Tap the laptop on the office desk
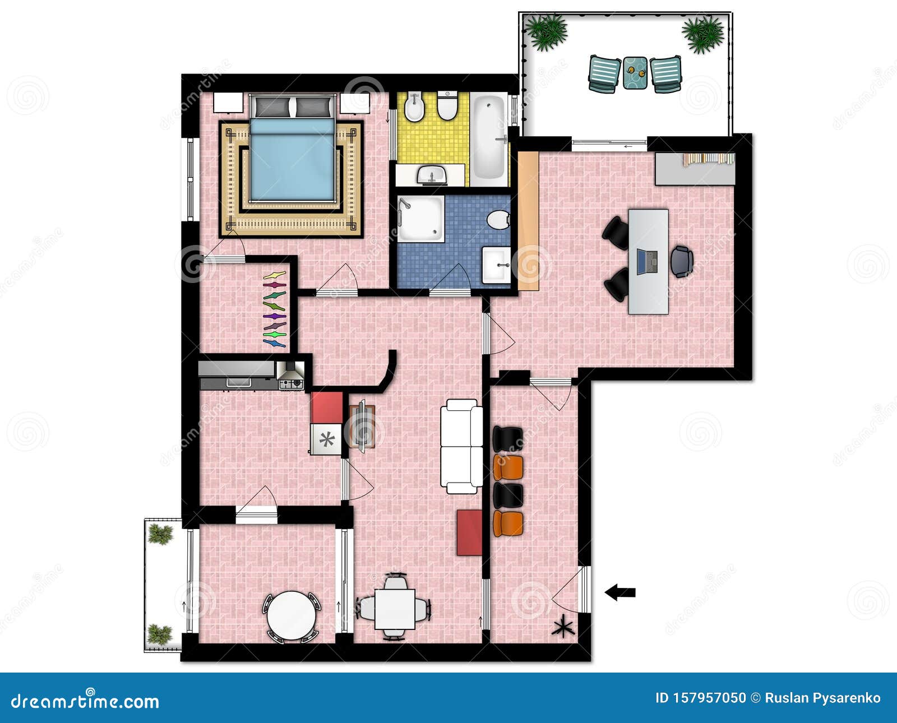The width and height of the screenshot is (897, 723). coord(648,262)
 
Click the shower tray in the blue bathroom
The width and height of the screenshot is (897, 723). coord(420,219)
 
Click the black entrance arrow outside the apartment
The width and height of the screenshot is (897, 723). coord(620,592)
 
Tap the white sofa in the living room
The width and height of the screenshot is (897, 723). coord(461,446)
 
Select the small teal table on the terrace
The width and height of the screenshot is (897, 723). coord(635,72)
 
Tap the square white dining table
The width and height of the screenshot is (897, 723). coord(395,609)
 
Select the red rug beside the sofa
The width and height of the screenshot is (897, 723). coord(469,532)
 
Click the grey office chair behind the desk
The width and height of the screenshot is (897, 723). coord(682,261)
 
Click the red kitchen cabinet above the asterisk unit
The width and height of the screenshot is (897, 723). coord(327,407)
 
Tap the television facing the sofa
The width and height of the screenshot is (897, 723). coord(362,426)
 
